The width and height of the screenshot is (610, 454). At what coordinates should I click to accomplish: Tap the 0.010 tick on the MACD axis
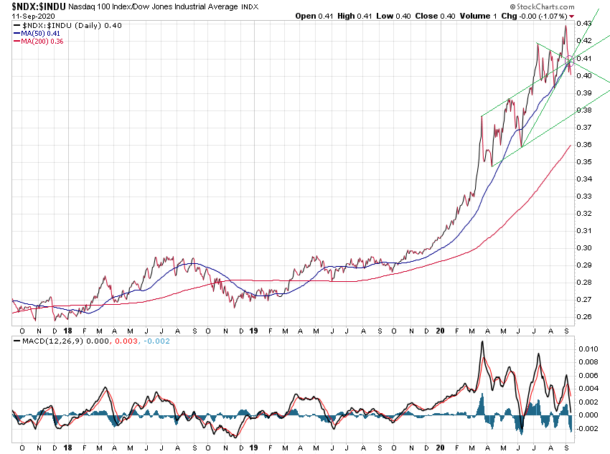(x=588, y=349)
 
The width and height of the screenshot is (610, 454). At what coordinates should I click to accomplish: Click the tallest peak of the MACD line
(x=482, y=342)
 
